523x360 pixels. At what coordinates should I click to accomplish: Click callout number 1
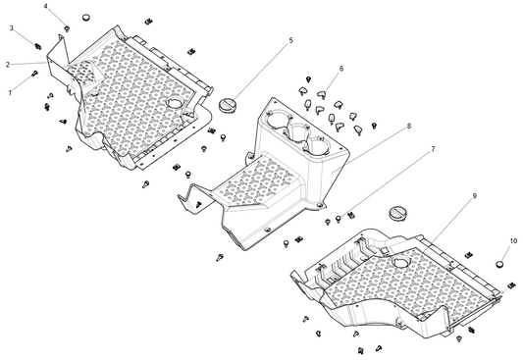11,91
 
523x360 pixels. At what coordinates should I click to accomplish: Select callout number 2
8,65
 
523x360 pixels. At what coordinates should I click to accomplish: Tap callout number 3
11,28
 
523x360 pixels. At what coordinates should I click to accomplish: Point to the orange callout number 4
44,7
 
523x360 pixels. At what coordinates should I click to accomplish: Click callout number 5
290,40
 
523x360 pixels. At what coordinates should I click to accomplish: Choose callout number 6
341,69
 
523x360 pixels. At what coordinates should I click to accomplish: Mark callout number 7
432,149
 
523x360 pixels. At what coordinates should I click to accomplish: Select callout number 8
408,127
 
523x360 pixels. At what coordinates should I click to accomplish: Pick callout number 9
474,196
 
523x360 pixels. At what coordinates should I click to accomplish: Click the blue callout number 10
511,240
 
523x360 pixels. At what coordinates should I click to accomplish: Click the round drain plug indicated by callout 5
230,103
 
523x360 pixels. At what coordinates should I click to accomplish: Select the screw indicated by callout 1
36,73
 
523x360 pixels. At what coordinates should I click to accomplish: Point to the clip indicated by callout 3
36,44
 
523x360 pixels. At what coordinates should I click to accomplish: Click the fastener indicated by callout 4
67,29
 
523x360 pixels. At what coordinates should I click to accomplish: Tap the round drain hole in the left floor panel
176,103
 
